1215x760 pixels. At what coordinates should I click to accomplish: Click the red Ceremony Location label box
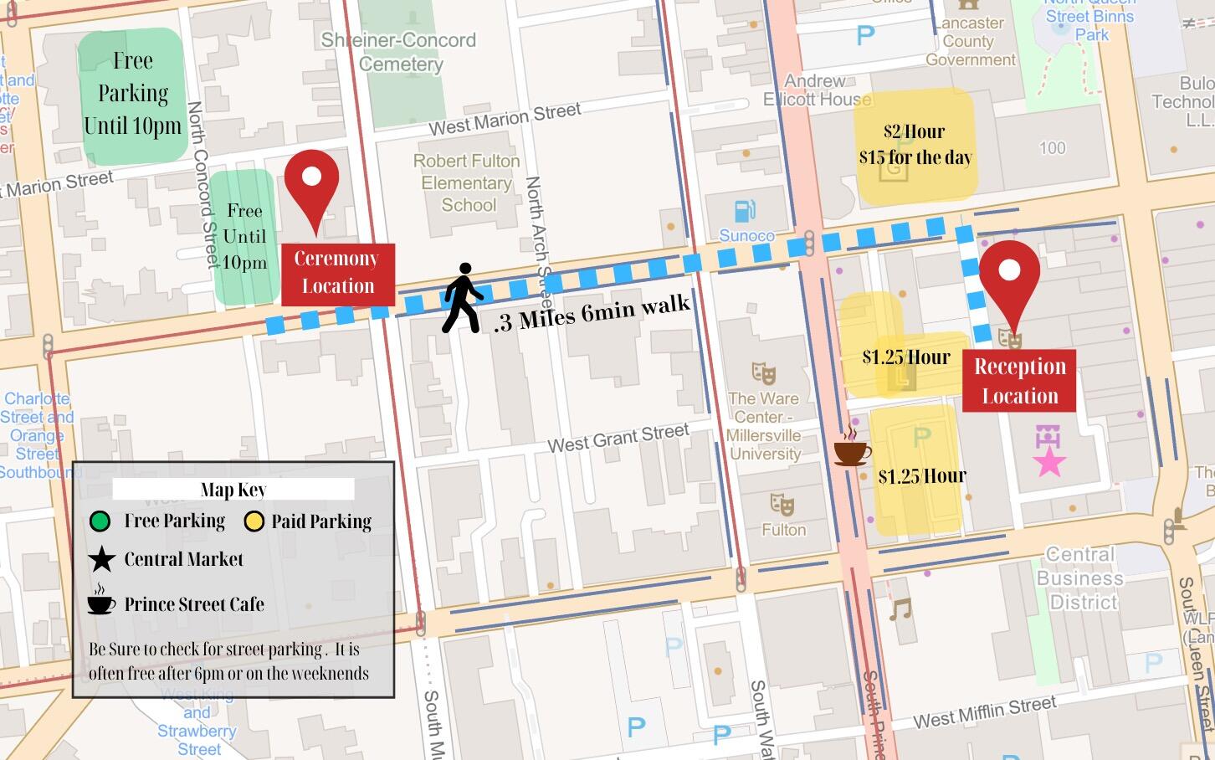(337, 274)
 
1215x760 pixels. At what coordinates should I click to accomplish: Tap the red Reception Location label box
(1018, 382)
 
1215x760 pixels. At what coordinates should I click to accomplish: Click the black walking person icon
(462, 299)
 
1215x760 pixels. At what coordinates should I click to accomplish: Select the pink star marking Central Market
(1049, 461)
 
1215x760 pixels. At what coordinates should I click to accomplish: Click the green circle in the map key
(100, 522)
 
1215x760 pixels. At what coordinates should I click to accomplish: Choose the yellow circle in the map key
(254, 522)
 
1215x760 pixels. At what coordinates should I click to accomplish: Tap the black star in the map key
(101, 560)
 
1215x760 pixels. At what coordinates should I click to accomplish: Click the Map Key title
(233, 490)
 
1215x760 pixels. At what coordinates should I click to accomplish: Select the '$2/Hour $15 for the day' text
(915, 145)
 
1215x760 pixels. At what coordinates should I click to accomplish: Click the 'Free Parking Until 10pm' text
(132, 93)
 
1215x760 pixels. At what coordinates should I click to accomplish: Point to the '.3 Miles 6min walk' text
(591, 314)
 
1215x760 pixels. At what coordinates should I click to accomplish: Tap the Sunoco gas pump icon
(745, 211)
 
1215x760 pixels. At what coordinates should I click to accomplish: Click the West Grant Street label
(618, 438)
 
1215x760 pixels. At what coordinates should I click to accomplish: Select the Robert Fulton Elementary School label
(467, 182)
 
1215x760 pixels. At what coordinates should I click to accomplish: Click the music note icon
(900, 609)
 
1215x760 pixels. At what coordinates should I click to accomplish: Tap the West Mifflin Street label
(984, 713)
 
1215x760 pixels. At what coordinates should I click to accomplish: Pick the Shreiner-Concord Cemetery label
(399, 52)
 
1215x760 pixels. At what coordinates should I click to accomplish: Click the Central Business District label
(1081, 578)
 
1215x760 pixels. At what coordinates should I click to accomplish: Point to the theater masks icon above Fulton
(782, 504)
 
